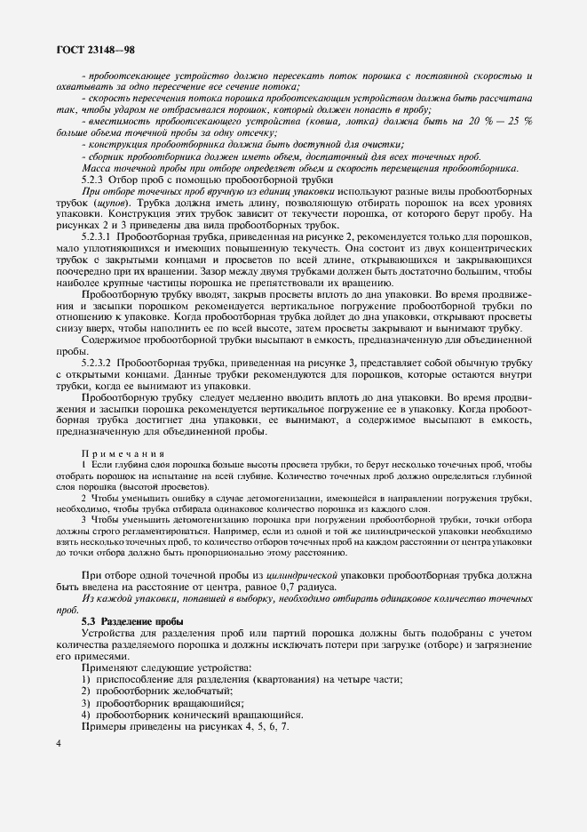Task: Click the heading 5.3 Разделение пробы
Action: coord(132,620)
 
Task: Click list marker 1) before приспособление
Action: coord(86,679)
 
